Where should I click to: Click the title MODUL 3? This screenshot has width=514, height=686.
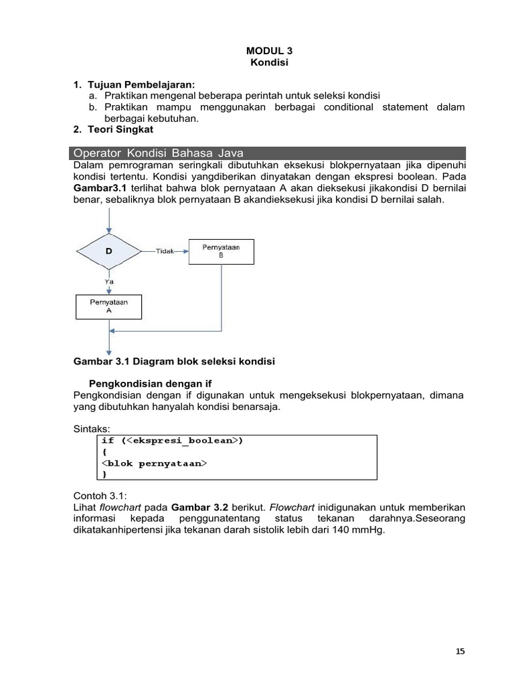click(x=269, y=50)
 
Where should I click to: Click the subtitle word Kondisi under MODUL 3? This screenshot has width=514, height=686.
click(x=269, y=62)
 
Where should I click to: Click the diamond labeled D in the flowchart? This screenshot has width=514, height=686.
click(x=108, y=251)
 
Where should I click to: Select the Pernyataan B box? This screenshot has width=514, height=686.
click(x=221, y=251)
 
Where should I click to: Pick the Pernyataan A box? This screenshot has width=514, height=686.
click(x=108, y=306)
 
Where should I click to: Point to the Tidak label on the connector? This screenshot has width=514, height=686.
click(x=165, y=251)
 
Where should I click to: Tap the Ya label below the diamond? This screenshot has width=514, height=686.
click(x=108, y=281)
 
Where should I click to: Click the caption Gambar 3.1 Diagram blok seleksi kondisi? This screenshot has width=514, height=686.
click(x=173, y=361)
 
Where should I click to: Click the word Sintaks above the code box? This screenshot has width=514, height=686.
click(x=91, y=429)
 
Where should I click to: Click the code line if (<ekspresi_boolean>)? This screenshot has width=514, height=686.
click(x=172, y=441)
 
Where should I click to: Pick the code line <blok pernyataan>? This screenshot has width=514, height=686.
click(x=154, y=463)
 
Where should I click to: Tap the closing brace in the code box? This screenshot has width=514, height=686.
click(x=104, y=474)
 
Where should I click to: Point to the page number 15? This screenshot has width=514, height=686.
click(x=460, y=651)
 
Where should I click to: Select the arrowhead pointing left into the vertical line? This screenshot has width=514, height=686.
click(x=112, y=330)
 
